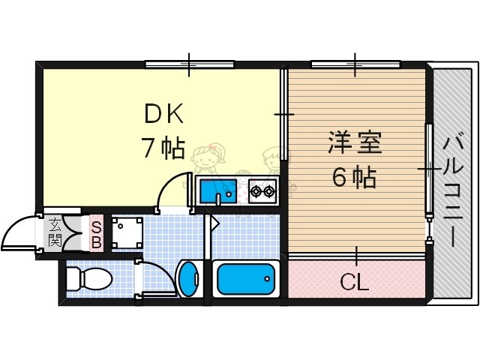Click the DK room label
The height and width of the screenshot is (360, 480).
pos(164,114)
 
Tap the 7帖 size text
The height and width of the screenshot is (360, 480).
pos(163,148)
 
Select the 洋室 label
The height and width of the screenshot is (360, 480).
pos(354,142)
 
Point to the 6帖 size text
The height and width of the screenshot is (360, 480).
pos(354,178)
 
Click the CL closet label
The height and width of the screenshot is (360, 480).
pos(354,283)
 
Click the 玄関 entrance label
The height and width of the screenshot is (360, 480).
pos(55,232)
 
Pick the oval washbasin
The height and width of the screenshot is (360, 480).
pos(187,280)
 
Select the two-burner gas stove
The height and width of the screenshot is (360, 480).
pos(262,190)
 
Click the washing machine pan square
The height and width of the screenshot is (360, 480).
pos(125,233)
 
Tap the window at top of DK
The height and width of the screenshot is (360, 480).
pos(189,64)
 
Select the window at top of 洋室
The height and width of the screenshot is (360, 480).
pos(354,64)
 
